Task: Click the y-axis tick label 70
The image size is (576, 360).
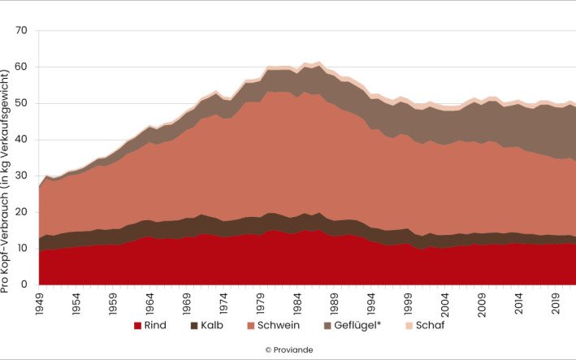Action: coord(21,31)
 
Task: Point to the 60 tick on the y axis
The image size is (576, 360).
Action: coord(21,67)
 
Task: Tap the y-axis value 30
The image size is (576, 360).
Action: coord(21,176)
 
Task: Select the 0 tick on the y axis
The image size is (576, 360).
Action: coord(24,284)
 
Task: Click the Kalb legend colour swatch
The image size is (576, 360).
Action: coord(196,326)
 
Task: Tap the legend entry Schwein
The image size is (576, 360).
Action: coord(290,326)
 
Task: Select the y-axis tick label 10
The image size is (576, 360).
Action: coord(21,248)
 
